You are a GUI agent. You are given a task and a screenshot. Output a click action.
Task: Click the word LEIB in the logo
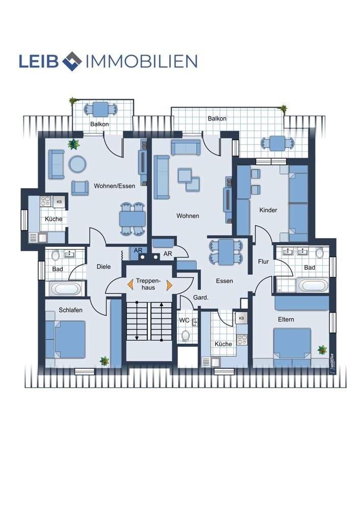point(39,61)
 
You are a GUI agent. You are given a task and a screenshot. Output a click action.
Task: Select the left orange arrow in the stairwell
point(131,285)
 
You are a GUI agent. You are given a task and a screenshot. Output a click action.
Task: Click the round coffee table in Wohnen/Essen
point(78,164)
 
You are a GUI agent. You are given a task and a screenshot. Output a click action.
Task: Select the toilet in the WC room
point(186,336)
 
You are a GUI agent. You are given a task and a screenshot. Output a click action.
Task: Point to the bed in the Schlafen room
point(65,339)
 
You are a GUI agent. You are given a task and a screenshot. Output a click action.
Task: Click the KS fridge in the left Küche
point(59,201)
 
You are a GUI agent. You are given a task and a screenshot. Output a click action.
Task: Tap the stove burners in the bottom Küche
point(242,340)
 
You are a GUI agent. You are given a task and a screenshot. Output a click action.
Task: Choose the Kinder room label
point(268,210)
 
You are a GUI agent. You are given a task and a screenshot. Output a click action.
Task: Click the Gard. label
point(200,297)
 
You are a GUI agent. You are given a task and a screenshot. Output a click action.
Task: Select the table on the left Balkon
point(100,109)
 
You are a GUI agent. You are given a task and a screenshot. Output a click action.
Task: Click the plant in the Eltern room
point(322,350)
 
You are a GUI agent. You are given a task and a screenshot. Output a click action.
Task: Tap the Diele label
point(104,266)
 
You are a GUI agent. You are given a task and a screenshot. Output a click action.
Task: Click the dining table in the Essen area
point(226,252)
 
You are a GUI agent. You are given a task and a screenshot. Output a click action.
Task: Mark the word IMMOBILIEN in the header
point(141,61)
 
